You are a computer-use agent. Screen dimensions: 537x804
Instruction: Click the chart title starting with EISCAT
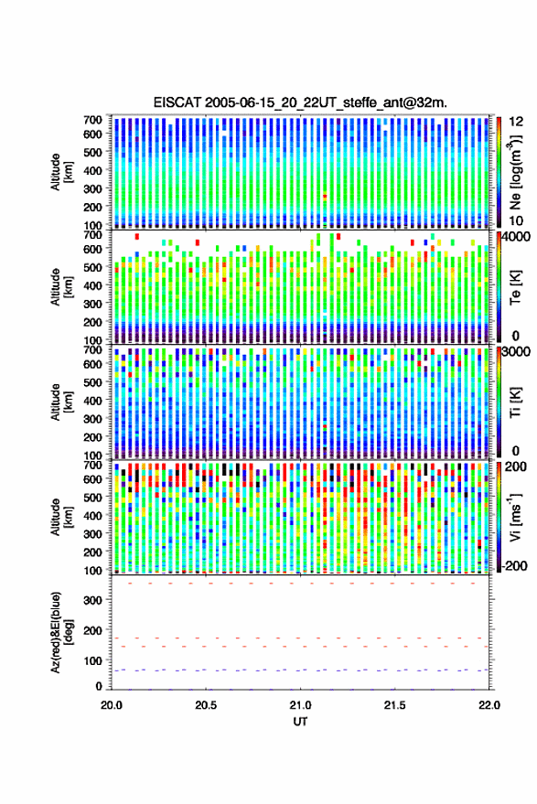click(300, 102)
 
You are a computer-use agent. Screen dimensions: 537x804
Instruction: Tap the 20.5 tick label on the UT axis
click(206, 705)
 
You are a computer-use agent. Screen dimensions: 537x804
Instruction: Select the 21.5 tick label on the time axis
click(394, 705)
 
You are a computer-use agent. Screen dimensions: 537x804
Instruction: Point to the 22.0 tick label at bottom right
click(489, 705)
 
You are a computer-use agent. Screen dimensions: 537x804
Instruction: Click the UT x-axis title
click(300, 722)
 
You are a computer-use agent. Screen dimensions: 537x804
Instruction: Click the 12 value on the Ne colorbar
click(517, 122)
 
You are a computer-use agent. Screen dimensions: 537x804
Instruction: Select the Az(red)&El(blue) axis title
click(61, 632)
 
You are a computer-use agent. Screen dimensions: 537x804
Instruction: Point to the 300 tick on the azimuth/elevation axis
click(92, 600)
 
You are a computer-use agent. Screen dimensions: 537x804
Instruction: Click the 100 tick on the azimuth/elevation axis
click(92, 661)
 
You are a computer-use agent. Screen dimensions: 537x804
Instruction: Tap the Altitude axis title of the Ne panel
click(61, 172)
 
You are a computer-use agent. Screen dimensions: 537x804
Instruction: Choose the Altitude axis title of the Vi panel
click(61, 517)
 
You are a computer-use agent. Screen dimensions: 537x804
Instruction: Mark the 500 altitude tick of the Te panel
click(92, 267)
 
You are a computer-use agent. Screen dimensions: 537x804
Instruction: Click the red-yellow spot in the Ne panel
click(325, 197)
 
